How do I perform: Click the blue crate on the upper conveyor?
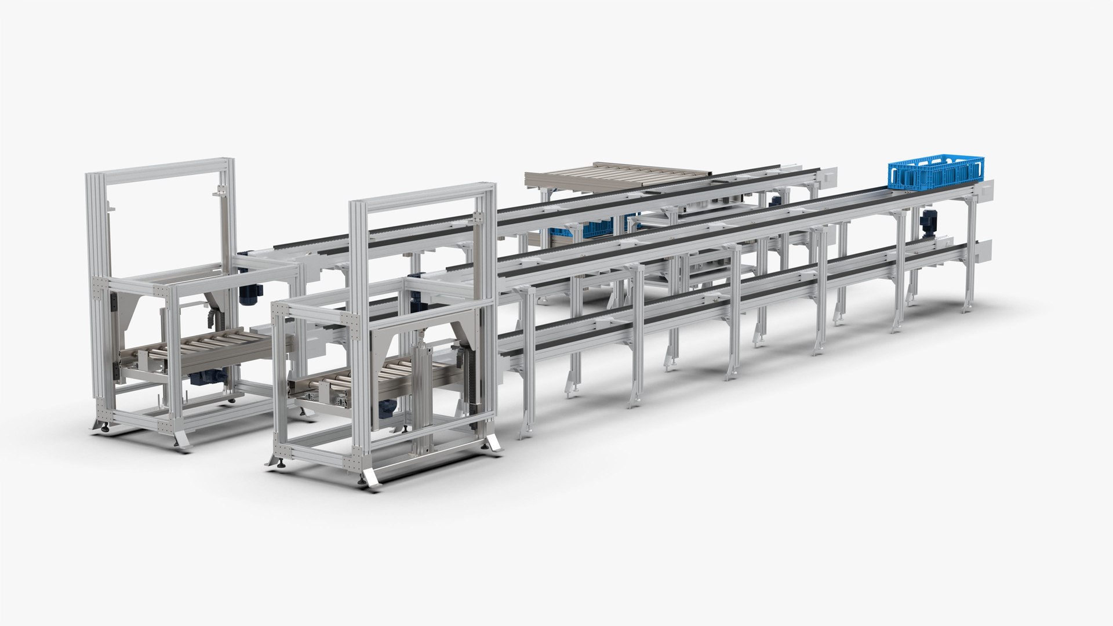click(936, 172)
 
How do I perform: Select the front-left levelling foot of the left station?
click(106, 428)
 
